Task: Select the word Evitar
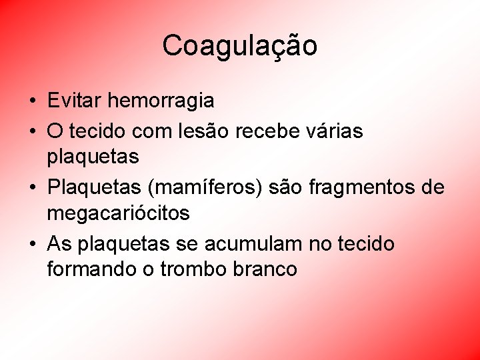pyautogui.click(x=75, y=101)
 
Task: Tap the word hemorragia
pyautogui.click(x=161, y=101)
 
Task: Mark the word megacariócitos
pyautogui.click(x=119, y=213)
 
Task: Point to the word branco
pyautogui.click(x=265, y=269)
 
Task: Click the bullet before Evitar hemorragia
pyautogui.click(x=32, y=101)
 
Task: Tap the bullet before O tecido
pyautogui.click(x=32, y=132)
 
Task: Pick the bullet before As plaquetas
pyautogui.click(x=32, y=245)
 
